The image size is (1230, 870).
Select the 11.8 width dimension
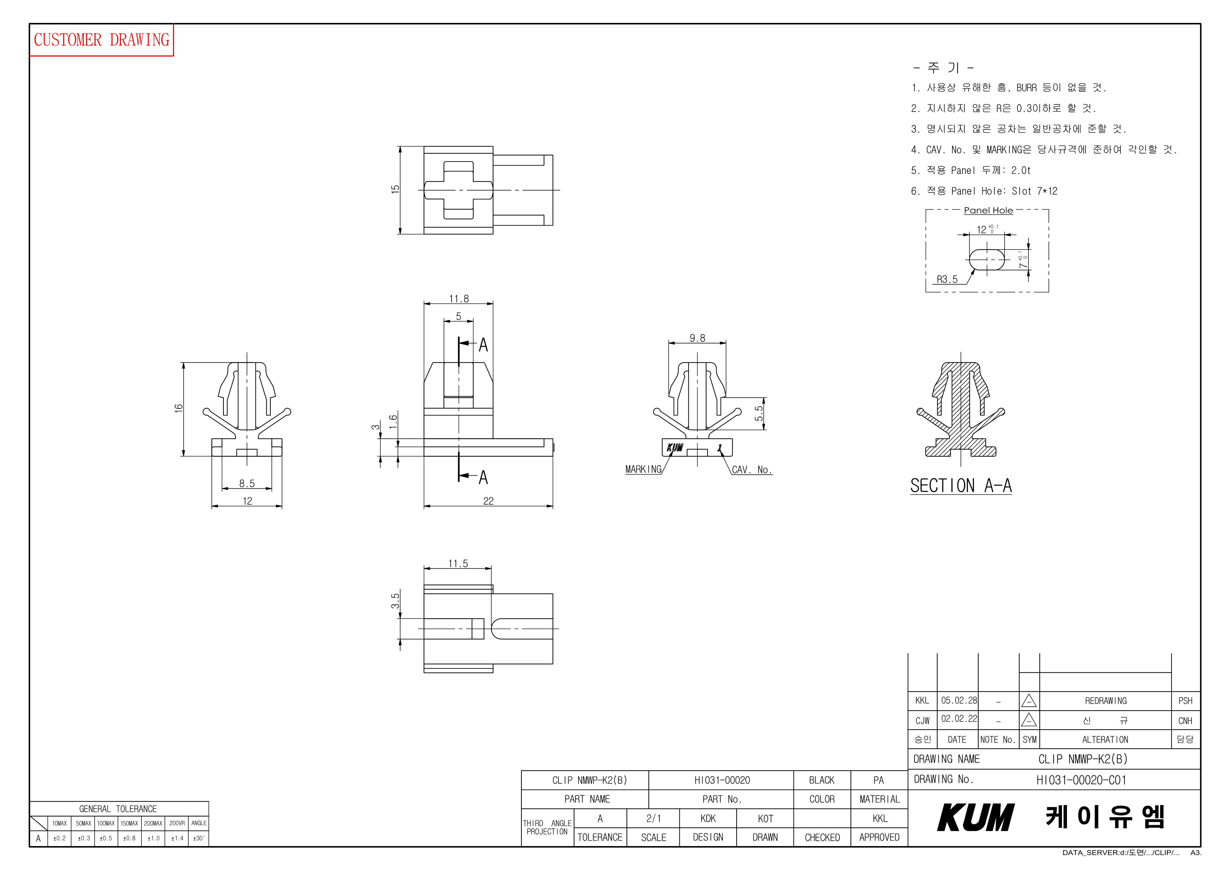coord(459,299)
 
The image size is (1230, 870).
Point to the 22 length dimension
coord(488,501)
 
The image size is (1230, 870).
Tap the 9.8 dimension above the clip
coord(697,338)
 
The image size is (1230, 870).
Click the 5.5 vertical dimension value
coord(758,413)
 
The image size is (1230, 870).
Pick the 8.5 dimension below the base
coord(247,484)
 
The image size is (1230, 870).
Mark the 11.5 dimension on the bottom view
coord(458,563)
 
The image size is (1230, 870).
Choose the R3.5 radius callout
coord(947,279)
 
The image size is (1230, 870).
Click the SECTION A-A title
coord(961,486)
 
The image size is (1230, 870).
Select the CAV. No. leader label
coord(751,470)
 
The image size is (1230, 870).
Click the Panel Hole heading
coord(988,211)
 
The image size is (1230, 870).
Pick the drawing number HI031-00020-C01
coord(1081,780)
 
